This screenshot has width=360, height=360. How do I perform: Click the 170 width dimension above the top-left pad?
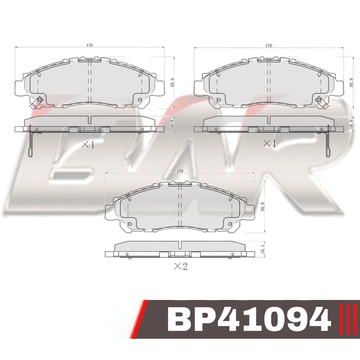[x=90, y=45]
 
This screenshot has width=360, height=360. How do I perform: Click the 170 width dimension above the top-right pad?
[x=269, y=45]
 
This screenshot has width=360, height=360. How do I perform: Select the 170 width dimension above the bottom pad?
[x=180, y=171]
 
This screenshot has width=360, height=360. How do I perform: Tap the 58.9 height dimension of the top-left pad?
[x=172, y=83]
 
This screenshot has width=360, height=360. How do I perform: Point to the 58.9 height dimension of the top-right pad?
[x=351, y=83]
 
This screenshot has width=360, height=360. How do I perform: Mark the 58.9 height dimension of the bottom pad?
[x=263, y=207]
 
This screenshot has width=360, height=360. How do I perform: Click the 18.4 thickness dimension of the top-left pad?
[x=172, y=124]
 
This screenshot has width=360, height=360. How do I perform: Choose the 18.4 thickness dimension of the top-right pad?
[x=351, y=124]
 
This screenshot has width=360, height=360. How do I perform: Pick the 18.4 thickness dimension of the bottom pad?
[x=263, y=249]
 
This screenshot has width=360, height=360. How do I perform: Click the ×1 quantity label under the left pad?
[x=88, y=145]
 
